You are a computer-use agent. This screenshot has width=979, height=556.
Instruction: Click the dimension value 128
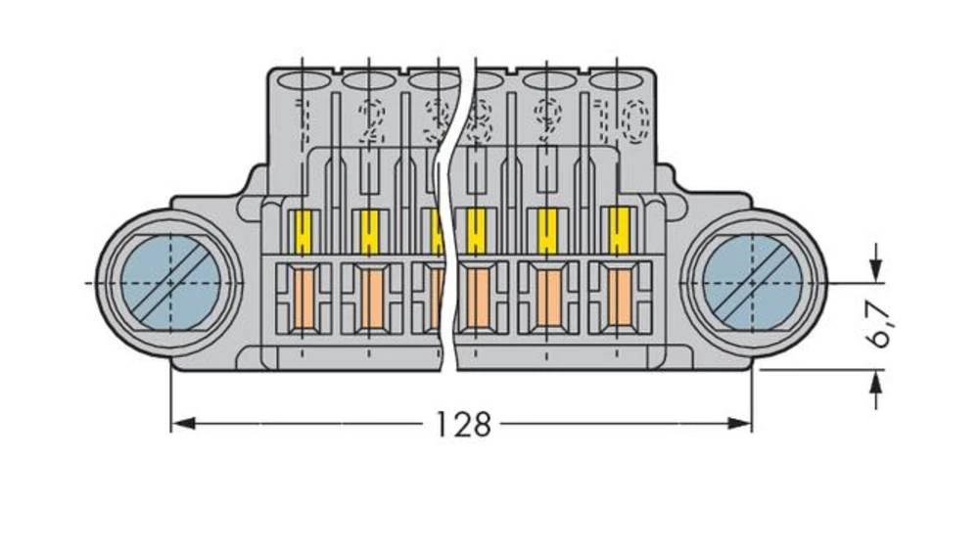463,424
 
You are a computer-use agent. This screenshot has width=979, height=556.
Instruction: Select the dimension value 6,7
880,324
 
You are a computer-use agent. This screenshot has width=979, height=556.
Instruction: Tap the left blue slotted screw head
169,283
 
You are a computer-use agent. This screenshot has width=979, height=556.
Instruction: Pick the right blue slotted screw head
752,283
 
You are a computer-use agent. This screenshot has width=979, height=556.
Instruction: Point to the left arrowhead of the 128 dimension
180,424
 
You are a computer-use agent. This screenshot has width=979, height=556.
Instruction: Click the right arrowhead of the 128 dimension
743,424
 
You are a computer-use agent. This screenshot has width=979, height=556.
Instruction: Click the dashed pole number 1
303,119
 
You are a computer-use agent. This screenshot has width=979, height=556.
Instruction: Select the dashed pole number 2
370,120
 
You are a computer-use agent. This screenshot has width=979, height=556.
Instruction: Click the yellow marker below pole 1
303,233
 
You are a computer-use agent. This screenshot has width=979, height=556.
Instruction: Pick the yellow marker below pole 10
618,232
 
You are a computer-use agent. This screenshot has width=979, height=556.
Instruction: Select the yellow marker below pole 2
369,233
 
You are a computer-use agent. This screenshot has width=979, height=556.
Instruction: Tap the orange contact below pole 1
303,299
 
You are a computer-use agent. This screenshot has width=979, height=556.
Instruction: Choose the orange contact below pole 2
369,299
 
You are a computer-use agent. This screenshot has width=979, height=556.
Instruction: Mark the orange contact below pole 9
547,299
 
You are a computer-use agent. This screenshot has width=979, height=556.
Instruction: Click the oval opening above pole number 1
304,81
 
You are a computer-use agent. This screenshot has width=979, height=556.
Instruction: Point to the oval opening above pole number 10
618,81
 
